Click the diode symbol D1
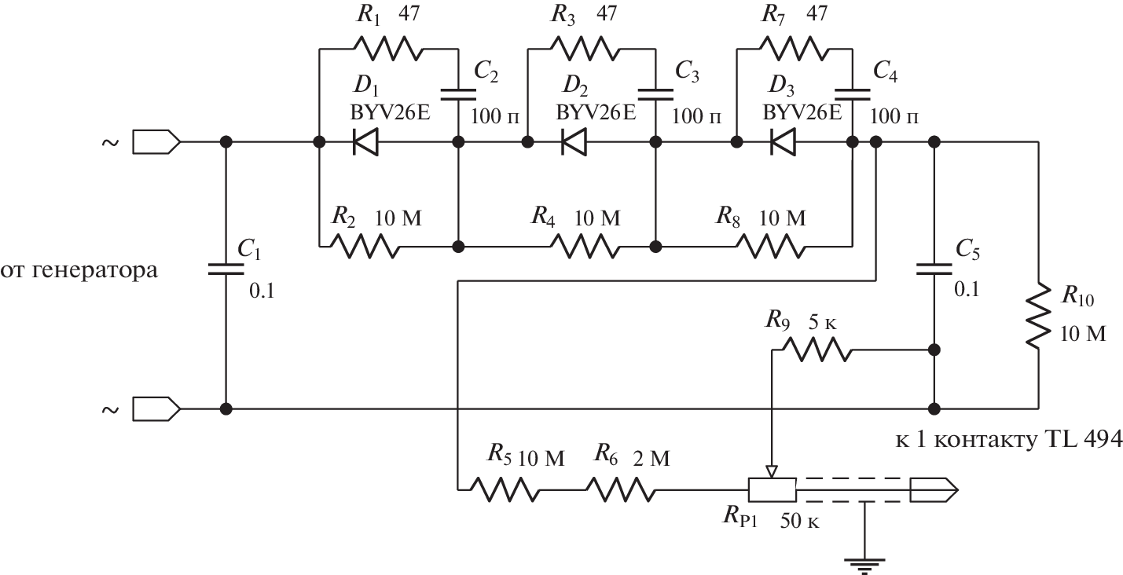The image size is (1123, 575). pyautogui.click(x=365, y=142)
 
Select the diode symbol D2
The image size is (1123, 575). pyautogui.click(x=574, y=142)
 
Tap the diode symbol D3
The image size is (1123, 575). pyautogui.click(x=783, y=142)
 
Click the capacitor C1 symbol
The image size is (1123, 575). pyautogui.click(x=226, y=269)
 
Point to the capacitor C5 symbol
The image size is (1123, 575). pyautogui.click(x=934, y=269)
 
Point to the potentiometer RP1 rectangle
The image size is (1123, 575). pyautogui.click(x=772, y=489)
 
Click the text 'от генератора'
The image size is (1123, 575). pyautogui.click(x=78, y=271)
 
